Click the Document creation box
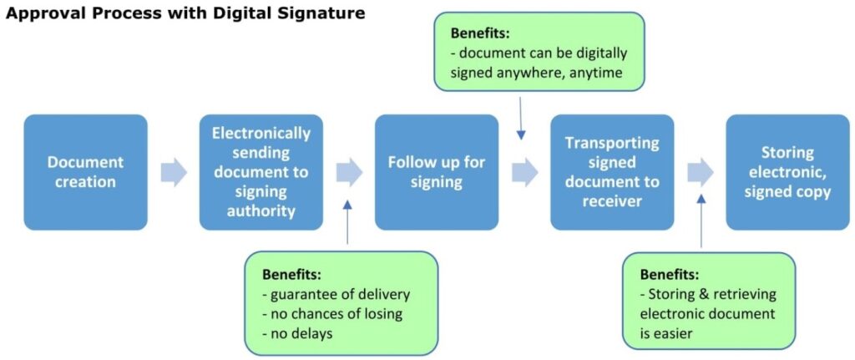point(85,172)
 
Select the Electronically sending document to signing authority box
point(261,172)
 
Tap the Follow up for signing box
point(436,172)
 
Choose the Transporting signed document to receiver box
point(611,172)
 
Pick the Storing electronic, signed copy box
point(787,172)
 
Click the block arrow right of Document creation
point(174,172)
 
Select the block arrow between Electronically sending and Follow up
point(349,172)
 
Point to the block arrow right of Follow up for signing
point(524,172)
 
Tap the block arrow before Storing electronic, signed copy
point(700,172)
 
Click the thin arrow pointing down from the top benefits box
point(521,117)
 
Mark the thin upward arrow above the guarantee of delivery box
point(347,221)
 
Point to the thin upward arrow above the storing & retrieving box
point(701,221)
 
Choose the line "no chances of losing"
point(331,314)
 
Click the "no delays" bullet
point(299,334)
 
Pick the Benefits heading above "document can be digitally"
point(480,33)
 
